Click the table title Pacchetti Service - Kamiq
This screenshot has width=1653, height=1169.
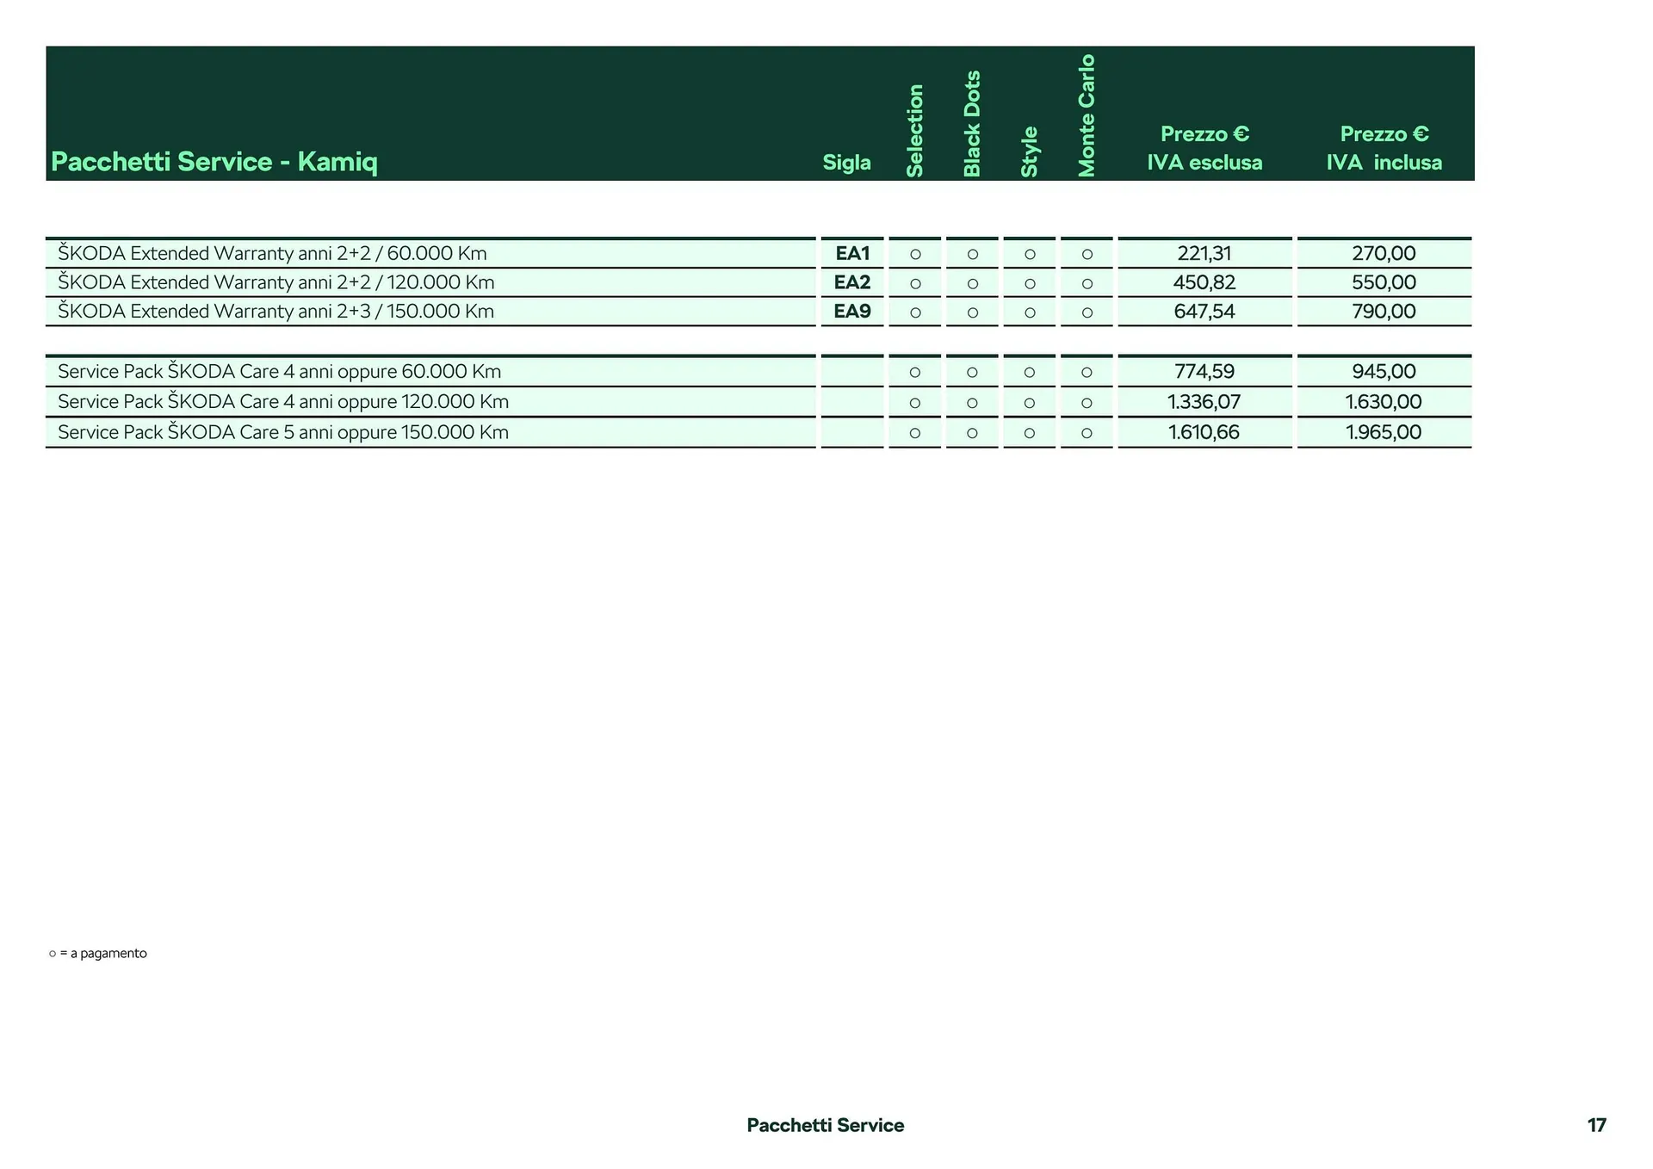(214, 162)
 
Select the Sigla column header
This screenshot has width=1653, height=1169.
(846, 163)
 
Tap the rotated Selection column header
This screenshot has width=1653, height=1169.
(914, 131)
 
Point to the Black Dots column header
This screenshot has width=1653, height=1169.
(972, 124)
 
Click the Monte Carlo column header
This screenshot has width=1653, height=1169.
(1087, 115)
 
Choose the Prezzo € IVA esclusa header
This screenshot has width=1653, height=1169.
(1204, 148)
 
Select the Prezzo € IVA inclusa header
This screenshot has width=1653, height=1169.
(1384, 148)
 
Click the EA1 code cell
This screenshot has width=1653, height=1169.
(852, 253)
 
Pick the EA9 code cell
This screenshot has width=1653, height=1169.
(852, 312)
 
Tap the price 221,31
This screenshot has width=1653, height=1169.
(1204, 253)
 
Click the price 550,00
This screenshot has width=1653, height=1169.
(1384, 282)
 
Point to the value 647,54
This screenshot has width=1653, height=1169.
(1204, 312)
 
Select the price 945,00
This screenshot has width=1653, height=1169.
(1384, 372)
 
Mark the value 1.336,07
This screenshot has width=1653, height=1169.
(1204, 402)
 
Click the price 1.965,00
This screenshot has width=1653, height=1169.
(1384, 432)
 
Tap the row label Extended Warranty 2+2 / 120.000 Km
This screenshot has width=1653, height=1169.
(276, 282)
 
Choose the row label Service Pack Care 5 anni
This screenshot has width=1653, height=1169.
(283, 432)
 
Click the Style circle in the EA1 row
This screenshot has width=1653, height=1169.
(1030, 254)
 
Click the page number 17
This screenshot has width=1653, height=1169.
(1596, 1125)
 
